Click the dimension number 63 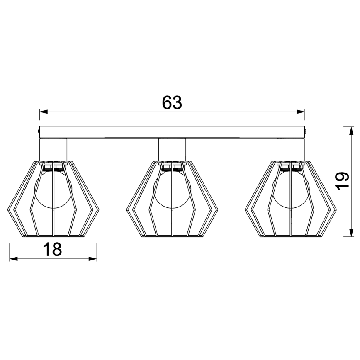pos(172,102)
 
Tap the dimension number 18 pos(52,249)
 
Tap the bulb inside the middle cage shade pos(172,191)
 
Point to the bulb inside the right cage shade pos(290,191)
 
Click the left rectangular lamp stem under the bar pos(53,149)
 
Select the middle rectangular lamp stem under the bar pos(172,149)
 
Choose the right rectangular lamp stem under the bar pos(290,149)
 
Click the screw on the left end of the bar pos(38,132)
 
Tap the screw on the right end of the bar pos(306,132)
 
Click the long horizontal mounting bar pos(172,132)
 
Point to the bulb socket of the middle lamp pos(172,166)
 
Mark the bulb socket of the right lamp pos(290,166)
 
